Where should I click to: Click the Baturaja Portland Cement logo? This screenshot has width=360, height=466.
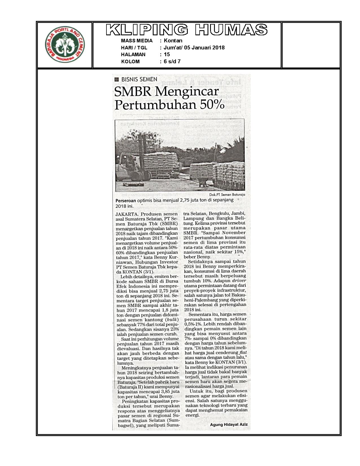[x=65, y=45]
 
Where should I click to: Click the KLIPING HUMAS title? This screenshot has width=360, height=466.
[x=187, y=30]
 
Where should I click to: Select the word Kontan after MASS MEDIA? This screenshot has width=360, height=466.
[x=173, y=41]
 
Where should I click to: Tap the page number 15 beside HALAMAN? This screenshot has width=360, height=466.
[x=167, y=55]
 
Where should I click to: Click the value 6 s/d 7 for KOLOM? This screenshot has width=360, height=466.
[x=172, y=62]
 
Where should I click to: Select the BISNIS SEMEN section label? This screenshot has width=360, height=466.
[x=139, y=79]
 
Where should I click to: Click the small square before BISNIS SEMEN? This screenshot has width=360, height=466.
[x=117, y=80]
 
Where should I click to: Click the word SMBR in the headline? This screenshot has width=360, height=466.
[x=133, y=92]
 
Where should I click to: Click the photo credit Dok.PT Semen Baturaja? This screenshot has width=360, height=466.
[x=227, y=195]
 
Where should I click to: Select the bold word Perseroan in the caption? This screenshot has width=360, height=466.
[x=126, y=200]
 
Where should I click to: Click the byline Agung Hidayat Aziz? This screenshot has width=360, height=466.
[x=229, y=424]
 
